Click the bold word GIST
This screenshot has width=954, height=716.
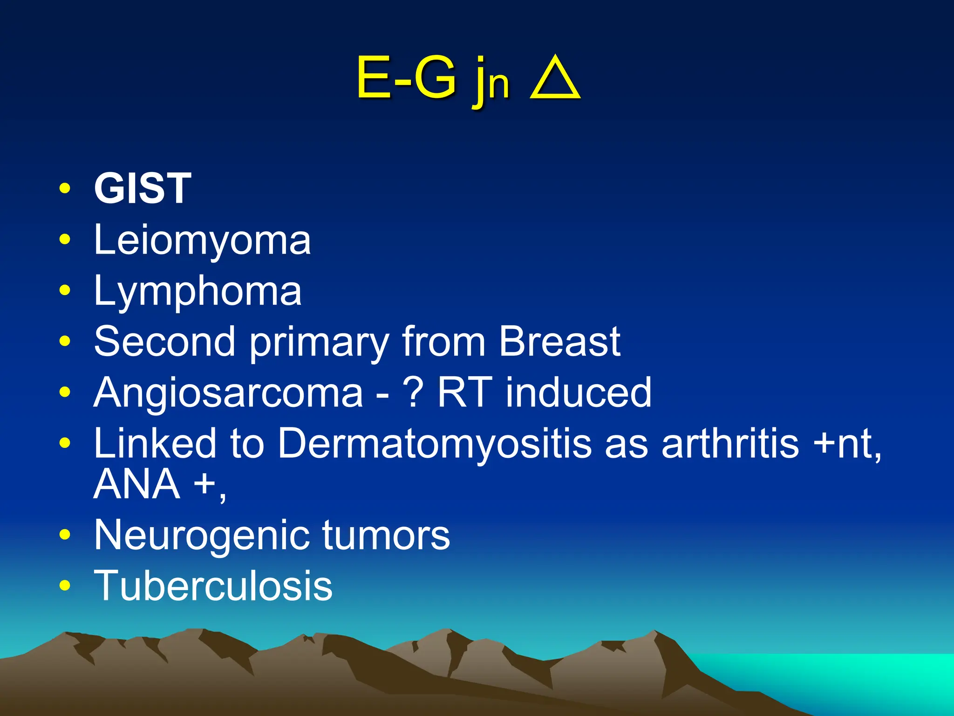(143, 188)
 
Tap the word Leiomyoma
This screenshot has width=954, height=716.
(202, 241)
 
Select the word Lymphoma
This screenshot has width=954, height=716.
(198, 292)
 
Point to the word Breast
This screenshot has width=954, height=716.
(559, 342)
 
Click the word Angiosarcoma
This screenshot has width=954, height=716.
(228, 393)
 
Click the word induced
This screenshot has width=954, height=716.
(579, 393)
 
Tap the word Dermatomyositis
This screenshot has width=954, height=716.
(435, 443)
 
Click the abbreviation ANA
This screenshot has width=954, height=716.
(137, 484)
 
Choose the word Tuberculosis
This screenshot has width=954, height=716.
(213, 586)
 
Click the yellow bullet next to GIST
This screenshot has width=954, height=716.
(65, 189)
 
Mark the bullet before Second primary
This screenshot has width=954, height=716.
(65, 341)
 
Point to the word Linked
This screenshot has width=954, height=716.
(155, 443)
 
